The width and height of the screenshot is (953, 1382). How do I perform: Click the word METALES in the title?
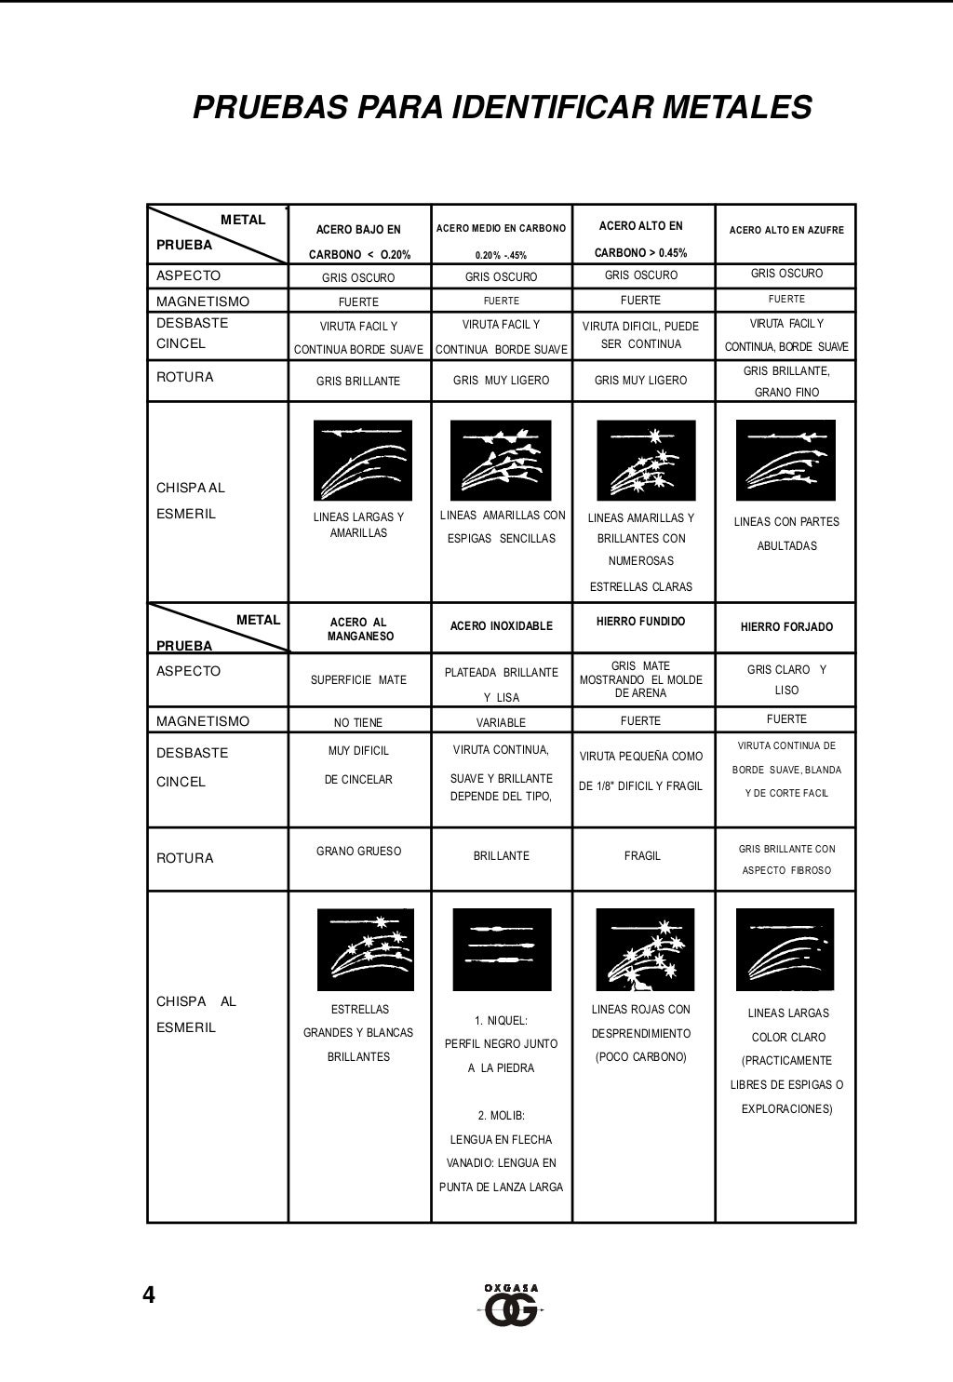735,107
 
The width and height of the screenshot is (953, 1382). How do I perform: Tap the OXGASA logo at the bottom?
511,1305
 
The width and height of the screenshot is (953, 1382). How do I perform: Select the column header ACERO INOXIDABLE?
501,626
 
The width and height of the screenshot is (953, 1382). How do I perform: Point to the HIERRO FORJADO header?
786,627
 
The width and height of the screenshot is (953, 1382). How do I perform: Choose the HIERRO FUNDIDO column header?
640,622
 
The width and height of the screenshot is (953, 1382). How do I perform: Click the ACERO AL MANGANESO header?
358,629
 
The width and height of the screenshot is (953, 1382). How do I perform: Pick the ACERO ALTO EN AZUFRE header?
786,230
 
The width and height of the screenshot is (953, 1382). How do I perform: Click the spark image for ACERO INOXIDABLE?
502,949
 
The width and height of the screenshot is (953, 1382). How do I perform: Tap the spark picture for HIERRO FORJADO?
785,949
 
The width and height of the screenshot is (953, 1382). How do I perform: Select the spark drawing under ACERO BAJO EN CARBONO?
362,460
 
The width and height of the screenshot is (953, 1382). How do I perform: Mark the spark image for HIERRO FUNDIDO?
644,949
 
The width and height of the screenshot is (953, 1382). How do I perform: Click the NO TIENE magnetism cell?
358,722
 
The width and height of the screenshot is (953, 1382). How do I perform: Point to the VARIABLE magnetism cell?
501,722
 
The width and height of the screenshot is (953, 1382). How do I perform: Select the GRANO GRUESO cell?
358,852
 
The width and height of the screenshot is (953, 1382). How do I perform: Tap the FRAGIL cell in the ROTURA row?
642,856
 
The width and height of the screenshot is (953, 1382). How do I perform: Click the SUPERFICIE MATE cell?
358,680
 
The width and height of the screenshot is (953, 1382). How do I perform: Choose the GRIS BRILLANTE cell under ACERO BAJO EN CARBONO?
358,382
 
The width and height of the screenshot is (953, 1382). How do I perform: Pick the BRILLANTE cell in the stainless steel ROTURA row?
501,856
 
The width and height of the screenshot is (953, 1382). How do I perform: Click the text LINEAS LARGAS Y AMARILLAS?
358,525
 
